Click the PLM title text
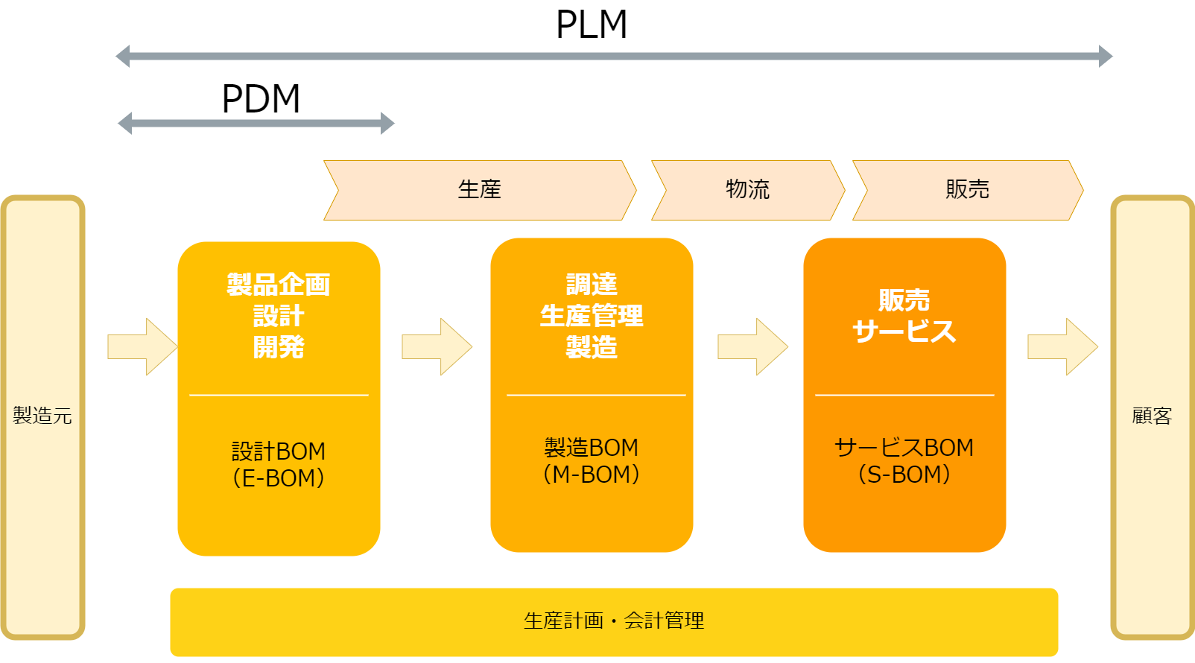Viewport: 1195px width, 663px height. coord(592,25)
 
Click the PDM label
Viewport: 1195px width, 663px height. coord(261,99)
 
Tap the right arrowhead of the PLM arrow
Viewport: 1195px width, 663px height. coord(1105,56)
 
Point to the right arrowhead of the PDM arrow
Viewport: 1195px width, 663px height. coord(387,123)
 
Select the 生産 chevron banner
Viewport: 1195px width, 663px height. coord(480,190)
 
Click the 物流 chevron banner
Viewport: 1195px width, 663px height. coord(747,190)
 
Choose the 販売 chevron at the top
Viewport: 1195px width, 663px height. coord(967,190)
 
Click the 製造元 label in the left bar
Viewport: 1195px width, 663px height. coord(42,416)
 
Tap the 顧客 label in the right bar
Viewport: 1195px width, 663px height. coord(1152,416)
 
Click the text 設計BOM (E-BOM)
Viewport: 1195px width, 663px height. coord(279,464)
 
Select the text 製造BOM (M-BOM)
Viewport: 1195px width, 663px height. coord(592,460)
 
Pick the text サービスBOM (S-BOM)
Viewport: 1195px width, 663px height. coord(904,460)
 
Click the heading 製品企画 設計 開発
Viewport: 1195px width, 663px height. coord(279,316)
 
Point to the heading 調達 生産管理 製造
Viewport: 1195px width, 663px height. coord(592,315)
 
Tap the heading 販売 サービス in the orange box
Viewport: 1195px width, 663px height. coord(904,316)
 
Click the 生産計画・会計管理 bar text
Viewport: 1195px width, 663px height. coord(614,621)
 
